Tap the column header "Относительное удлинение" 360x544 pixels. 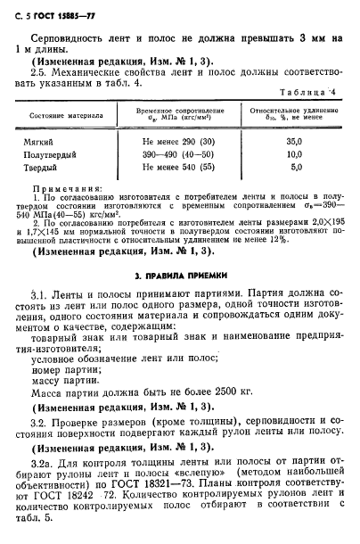coord(291,111)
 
